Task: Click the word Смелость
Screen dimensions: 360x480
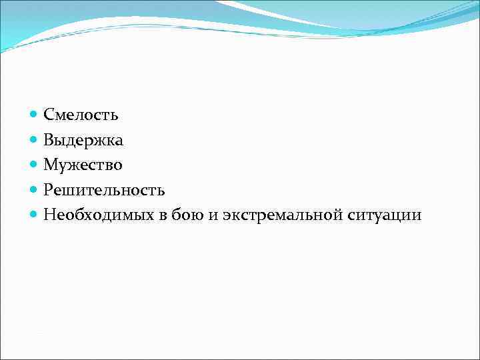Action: point(81,115)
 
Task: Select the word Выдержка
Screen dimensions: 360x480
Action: point(83,140)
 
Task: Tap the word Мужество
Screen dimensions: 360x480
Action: point(83,165)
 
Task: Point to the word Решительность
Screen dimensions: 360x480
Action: point(104,190)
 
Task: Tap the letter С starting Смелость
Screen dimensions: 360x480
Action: point(49,115)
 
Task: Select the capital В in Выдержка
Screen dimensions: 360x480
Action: point(49,140)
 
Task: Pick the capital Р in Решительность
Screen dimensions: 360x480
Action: point(49,190)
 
